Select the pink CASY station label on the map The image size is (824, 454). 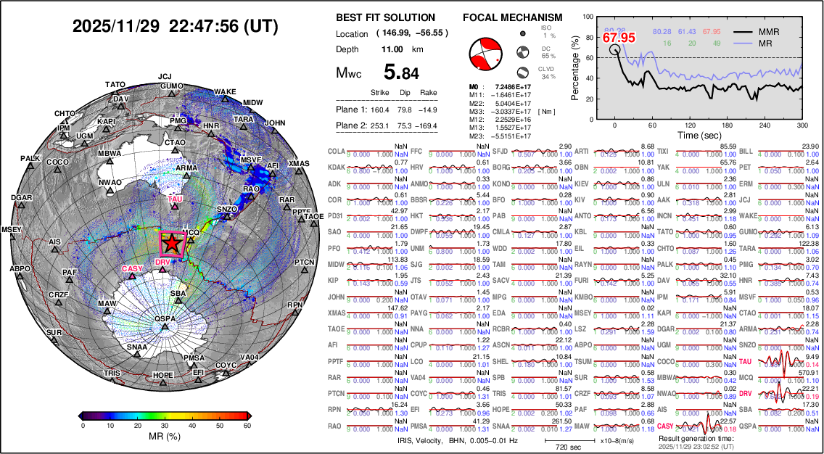coord(132,268)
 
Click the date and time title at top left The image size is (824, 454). coord(175,27)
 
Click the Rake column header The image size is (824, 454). coord(429,93)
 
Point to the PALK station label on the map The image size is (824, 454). coord(30,158)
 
